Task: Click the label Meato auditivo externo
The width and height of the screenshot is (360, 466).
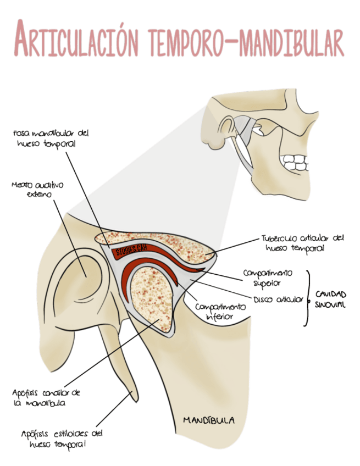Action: coord(37,190)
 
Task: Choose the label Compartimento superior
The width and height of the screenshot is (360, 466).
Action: coord(268,278)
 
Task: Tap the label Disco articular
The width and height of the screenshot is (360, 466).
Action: coord(278,299)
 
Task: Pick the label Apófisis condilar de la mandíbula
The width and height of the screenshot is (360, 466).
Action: coord(46,397)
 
